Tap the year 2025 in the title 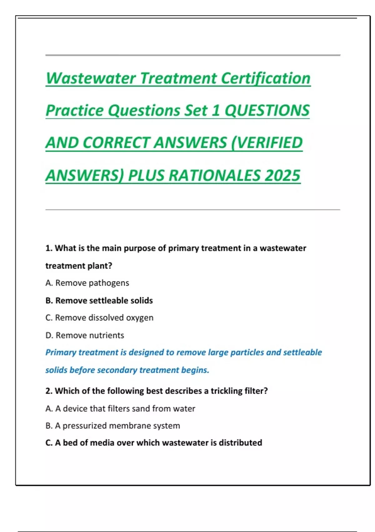click(x=282, y=175)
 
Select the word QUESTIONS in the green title click(x=267, y=110)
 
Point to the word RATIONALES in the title click(x=215, y=175)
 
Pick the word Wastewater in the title click(x=91, y=78)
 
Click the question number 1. click(x=48, y=248)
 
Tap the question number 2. click(x=48, y=391)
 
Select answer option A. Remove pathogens click(x=87, y=283)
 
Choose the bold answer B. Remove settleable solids click(x=99, y=300)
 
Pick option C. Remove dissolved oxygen click(x=99, y=318)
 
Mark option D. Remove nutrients click(x=85, y=335)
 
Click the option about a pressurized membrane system click(x=112, y=426)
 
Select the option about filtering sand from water click(x=120, y=408)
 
